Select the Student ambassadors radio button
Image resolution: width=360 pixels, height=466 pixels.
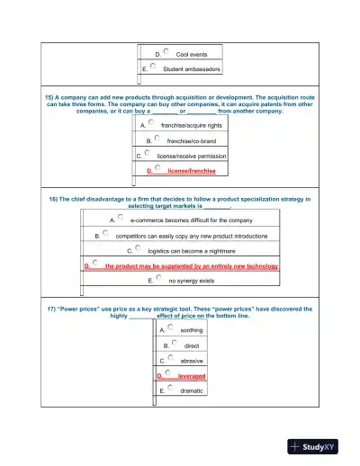point(154,67)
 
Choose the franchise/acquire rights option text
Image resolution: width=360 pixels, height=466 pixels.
point(192,126)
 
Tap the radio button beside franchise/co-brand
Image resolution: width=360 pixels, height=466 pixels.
point(157,139)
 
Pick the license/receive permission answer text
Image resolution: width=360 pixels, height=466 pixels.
point(192,155)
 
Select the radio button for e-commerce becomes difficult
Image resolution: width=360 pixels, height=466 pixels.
point(121,218)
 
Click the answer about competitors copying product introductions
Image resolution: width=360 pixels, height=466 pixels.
point(192,235)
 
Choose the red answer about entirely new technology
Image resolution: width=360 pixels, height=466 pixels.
point(191,266)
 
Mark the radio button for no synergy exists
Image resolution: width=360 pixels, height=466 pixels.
point(158,279)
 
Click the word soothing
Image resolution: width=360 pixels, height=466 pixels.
point(192,330)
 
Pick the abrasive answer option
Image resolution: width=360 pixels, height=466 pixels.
point(192,360)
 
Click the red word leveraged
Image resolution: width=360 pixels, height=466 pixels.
point(192,375)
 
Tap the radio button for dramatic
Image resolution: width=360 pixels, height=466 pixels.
point(170,390)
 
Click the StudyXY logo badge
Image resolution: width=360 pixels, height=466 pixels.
point(319,445)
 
